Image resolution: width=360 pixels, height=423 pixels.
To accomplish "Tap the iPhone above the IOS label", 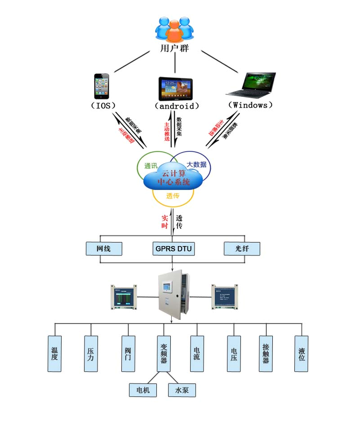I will coord(101,86).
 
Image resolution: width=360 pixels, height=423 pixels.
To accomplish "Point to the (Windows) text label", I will coord(250,105).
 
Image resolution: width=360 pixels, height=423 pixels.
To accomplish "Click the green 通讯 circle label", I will coord(151,166).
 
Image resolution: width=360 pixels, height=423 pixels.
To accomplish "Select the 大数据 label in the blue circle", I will coord(196,164).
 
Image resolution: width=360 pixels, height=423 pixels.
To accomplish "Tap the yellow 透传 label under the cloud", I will coord(173,196).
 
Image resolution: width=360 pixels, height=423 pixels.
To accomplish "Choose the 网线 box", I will coord(104,249).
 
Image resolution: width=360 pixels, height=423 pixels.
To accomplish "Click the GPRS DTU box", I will coord(173,249).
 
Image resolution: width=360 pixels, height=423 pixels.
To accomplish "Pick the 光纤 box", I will coord(242,249).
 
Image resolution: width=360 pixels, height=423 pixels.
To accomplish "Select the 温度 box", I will coord(54,354).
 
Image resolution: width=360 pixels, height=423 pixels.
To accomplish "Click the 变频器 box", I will coord(164,354).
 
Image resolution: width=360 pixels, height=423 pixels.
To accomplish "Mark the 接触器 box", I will coord(266,354).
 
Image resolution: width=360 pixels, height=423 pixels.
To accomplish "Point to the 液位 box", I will coord(302,354).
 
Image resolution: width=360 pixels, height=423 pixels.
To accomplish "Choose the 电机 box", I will coord(143,390).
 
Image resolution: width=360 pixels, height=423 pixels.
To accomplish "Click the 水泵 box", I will coord(182,390).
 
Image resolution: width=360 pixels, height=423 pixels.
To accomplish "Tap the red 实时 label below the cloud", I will coord(164,222).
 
